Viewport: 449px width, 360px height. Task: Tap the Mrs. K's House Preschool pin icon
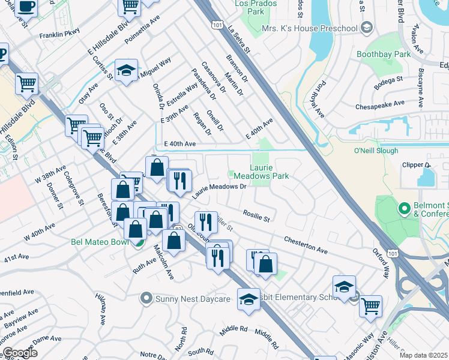point(367,28)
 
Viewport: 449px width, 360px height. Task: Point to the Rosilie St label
point(256,214)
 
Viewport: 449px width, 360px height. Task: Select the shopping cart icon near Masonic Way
point(370,305)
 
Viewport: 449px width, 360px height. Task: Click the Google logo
point(20,353)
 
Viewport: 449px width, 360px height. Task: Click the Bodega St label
point(390,79)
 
